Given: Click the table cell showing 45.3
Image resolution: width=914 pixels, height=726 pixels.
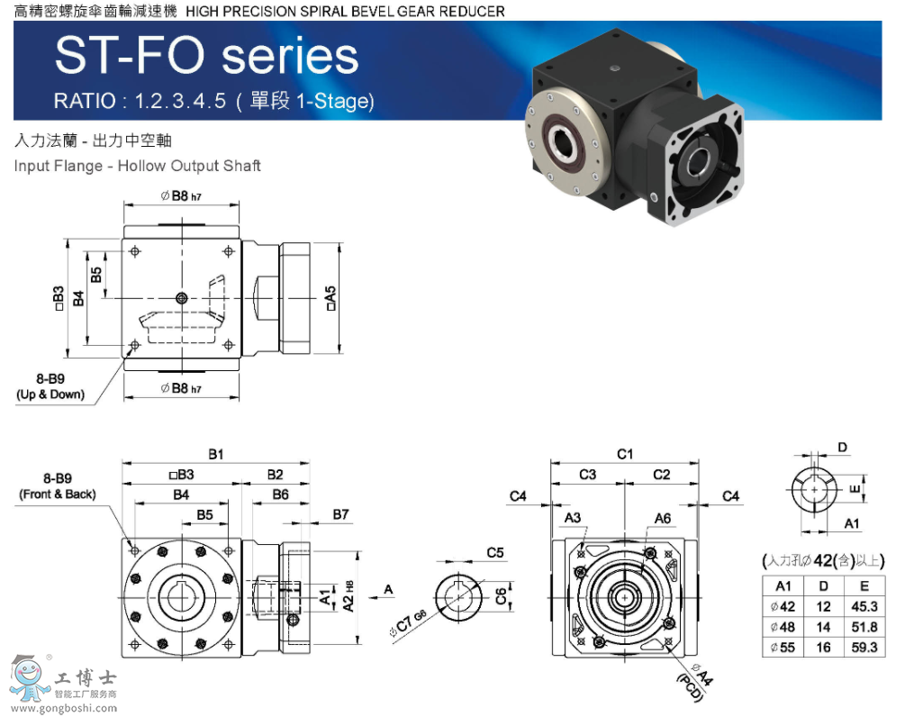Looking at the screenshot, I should coord(864,606).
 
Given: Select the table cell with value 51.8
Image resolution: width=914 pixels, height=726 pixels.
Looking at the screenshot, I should coord(864,627).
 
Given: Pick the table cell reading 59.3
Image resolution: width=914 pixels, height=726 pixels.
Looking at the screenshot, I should coord(864,648).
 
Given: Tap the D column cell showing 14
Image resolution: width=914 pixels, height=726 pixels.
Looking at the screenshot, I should coord(823,627).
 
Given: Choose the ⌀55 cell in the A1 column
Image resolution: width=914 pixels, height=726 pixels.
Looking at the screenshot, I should coord(783,648).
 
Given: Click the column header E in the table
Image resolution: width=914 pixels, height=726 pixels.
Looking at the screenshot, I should coord(864,585).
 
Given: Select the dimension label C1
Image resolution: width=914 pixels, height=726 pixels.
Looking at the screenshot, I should coord(625,453).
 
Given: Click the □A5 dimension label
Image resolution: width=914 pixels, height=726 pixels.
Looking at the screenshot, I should coord(330,298).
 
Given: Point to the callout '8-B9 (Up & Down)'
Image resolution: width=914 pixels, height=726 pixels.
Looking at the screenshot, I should coord(50,386).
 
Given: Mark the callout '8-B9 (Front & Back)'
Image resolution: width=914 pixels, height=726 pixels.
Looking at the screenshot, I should coord(57,486).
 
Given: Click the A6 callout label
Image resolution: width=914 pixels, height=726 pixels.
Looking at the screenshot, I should coord(662,518).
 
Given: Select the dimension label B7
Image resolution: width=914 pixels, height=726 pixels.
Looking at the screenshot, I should coord(340,514).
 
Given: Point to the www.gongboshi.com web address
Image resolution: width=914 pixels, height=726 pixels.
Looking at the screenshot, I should coord(60,708).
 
